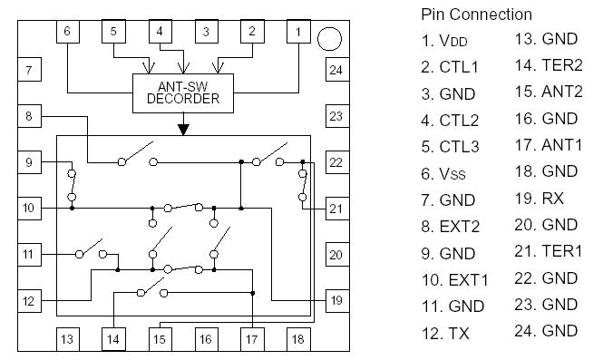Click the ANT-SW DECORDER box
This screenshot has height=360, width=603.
pyautogui.click(x=183, y=92)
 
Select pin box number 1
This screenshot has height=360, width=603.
pyautogui.click(x=298, y=33)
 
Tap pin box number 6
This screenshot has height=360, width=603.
pyautogui.click(x=67, y=33)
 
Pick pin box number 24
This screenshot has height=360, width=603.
pyautogui.click(x=336, y=70)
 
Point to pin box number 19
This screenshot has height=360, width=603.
pyautogui.click(x=336, y=300)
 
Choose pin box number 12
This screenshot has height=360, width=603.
pyautogui.click(x=29, y=300)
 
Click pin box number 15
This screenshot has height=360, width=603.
pyautogui.click(x=160, y=339)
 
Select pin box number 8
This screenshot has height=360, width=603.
pyautogui.click(x=29, y=116)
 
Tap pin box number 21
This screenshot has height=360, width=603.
pyautogui.click(x=336, y=209)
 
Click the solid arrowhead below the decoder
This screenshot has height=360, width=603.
pyautogui.click(x=184, y=129)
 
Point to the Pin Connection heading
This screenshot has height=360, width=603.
pyautogui.click(x=476, y=15)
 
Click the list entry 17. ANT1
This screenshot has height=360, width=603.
pyautogui.click(x=547, y=144)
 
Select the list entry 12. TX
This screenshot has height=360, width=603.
pyautogui.click(x=445, y=333)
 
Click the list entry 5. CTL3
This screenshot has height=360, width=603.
pyautogui.click(x=450, y=146)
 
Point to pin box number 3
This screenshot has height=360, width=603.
pyautogui.click(x=206, y=33)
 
